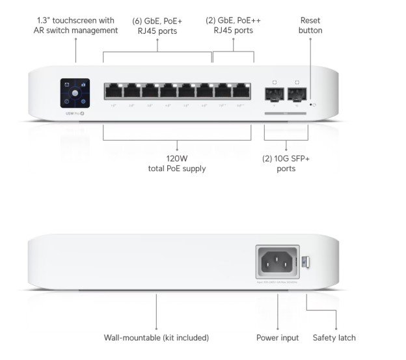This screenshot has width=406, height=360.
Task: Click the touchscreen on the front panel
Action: point(75,93)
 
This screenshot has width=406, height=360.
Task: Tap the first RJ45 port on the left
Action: point(113,91)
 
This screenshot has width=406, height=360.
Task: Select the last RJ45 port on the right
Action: point(241,91)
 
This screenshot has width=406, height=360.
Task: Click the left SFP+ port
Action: point(275,94)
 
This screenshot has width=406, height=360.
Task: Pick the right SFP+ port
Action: point(297,94)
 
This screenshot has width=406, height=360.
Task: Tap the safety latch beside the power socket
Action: point(308,264)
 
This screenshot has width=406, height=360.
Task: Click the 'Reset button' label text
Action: point(310,25)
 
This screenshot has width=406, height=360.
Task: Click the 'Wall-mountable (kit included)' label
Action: point(156,338)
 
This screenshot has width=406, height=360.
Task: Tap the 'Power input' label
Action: point(277,338)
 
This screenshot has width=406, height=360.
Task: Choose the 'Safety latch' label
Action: point(334,338)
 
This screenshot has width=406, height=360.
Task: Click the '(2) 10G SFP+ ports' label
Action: point(286,163)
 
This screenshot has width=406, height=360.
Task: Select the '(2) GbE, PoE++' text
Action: point(234,20)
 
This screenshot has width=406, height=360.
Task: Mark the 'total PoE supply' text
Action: point(176,169)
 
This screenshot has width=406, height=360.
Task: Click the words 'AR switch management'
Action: point(75,30)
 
